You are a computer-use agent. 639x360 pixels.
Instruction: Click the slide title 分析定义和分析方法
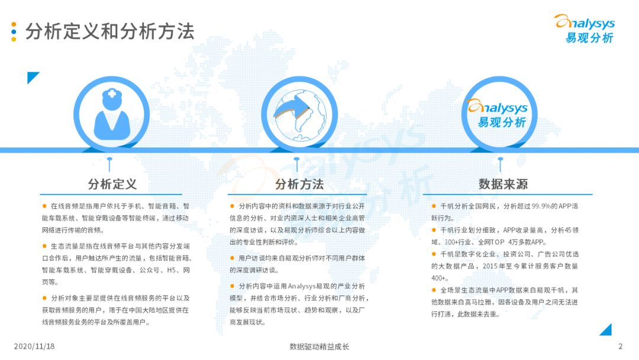pyautogui.click(x=109, y=31)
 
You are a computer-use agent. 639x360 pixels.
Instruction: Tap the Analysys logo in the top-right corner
pyautogui.click(x=585, y=28)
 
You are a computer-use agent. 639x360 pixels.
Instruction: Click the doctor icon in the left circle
pyautogui.click(x=112, y=114)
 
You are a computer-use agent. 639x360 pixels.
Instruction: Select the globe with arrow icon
pyautogui.click(x=299, y=115)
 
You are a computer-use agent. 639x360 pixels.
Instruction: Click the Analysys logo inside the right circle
pyautogui.click(x=498, y=113)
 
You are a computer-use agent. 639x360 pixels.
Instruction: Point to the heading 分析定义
pyautogui.click(x=112, y=184)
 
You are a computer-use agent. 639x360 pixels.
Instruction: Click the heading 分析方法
pyautogui.click(x=299, y=184)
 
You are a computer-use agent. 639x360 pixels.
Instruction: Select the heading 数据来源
pyautogui.click(x=503, y=184)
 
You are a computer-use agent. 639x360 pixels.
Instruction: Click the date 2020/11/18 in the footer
pyautogui.click(x=34, y=346)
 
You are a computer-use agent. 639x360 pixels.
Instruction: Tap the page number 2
pyautogui.click(x=620, y=346)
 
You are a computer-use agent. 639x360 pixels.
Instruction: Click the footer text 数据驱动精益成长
pyautogui.click(x=319, y=346)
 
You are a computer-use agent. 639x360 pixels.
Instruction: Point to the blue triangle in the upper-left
pyautogui.click(x=32, y=77)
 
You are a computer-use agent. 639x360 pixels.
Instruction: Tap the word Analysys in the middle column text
pyautogui.click(x=302, y=286)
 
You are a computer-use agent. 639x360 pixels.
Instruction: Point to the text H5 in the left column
pyautogui.click(x=172, y=271)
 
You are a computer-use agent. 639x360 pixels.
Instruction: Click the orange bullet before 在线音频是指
pyautogui.click(x=44, y=206)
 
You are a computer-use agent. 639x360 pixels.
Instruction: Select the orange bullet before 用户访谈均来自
pyautogui.click(x=232, y=258)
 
